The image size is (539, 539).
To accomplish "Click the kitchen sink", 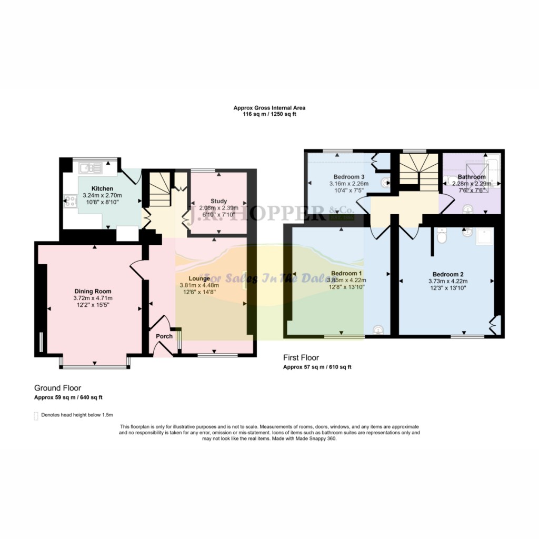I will click(90, 168).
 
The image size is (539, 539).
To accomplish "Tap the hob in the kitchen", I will click(69, 201).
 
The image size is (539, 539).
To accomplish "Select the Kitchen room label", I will click(102, 188).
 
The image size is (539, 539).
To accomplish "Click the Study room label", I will click(218, 201).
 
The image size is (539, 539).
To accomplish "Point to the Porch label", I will click(164, 336).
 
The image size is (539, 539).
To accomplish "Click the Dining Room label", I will click(93, 291).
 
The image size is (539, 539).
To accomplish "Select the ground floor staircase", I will click(157, 192).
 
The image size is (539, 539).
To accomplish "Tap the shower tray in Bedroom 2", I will click(484, 238).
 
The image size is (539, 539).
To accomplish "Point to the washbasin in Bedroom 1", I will click(377, 330).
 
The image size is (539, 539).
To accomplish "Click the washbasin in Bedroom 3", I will click(387, 183).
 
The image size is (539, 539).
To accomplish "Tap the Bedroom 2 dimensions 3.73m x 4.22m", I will click(447, 281).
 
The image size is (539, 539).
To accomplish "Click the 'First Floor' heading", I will click(301, 358).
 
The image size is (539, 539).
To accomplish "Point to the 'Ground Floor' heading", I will click(57, 388).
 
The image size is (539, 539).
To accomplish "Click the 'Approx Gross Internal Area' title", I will click(269, 108).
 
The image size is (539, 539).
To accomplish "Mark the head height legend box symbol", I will click(36, 416).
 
